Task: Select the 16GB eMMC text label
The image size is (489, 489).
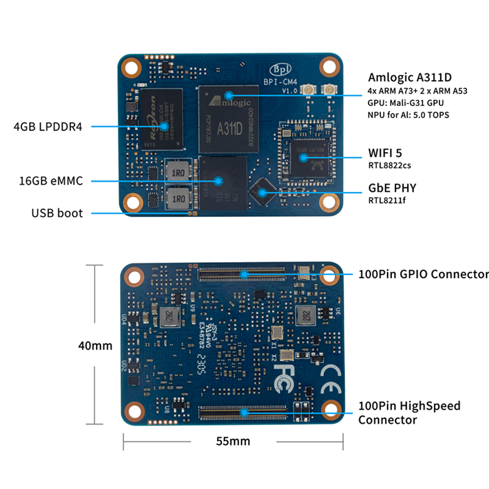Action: (51, 181)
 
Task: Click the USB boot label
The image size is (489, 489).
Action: (57, 213)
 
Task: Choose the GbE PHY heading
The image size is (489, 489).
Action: (392, 188)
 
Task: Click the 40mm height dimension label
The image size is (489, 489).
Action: (95, 345)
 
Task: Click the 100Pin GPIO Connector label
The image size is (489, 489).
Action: (423, 274)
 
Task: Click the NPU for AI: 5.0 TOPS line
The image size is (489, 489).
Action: (408, 115)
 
